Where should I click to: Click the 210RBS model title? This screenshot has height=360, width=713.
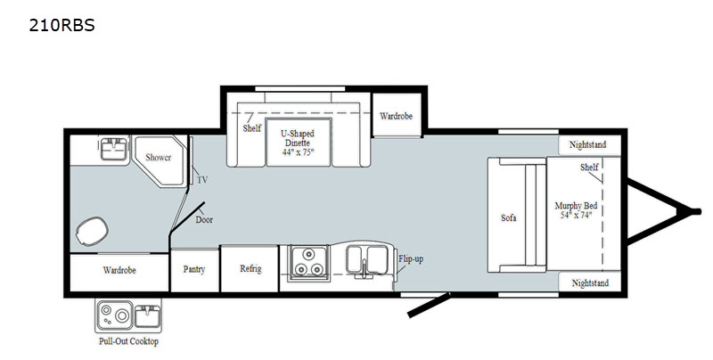pos(49,25)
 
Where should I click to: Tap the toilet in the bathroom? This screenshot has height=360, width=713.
pos(90,233)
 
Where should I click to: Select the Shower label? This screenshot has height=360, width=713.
pos(159,158)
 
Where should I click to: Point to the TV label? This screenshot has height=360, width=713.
pos(202,180)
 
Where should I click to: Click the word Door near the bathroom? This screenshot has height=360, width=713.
pos(204,219)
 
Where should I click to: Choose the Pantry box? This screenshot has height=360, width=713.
pos(195,268)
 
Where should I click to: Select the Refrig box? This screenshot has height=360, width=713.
pos(250,268)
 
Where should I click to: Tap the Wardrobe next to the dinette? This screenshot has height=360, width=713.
pos(395,116)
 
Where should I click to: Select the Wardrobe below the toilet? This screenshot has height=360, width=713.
pos(119,268)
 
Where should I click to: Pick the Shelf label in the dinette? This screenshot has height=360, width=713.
pos(251,128)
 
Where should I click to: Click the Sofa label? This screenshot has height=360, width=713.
pos(509,217)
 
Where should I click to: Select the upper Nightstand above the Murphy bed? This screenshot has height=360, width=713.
pos(589,145)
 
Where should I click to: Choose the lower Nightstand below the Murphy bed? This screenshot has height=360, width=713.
pos(589,282)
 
